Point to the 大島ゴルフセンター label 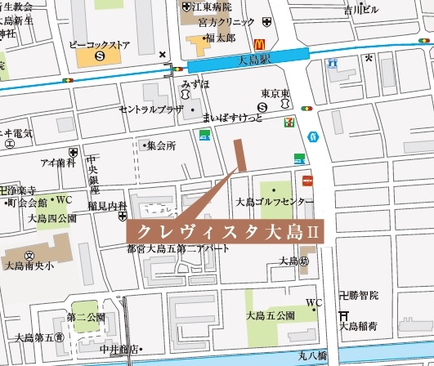click(275, 201)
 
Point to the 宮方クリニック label click(216, 23)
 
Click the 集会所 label click(161, 145)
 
